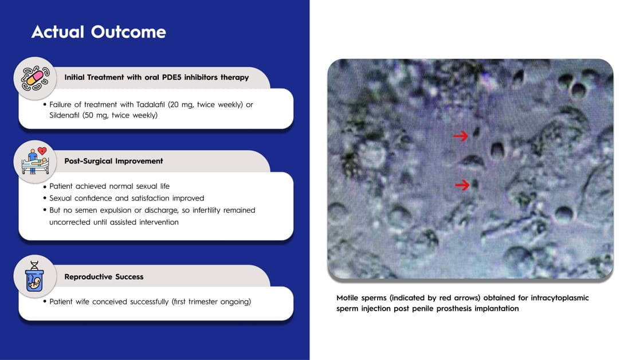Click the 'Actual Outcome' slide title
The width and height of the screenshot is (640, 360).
(99, 32)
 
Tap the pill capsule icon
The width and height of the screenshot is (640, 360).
(35, 78)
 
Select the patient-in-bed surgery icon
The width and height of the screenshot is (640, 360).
(35, 161)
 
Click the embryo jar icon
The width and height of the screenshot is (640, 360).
(35, 276)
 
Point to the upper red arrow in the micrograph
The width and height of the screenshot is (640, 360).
(461, 135)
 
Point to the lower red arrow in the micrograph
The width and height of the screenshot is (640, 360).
(462, 185)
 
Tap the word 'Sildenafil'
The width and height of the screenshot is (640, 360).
(65, 115)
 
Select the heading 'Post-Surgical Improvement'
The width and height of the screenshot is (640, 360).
(113, 161)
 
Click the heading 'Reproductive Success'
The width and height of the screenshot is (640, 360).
(104, 276)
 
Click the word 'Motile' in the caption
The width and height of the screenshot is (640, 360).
(347, 298)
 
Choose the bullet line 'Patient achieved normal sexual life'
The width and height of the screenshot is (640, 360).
(109, 186)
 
